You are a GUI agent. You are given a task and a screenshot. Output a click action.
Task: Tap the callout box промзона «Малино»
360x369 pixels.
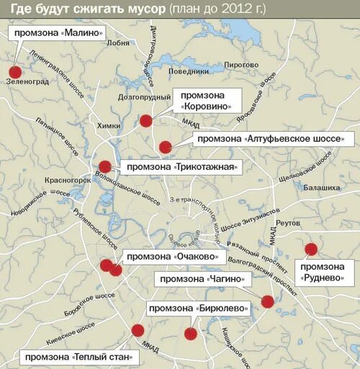pyautogui.click(x=56, y=34)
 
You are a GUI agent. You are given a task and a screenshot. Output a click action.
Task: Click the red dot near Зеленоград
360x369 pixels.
pyautogui.click(x=15, y=71)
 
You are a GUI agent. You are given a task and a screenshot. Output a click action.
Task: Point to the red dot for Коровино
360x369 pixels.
pyautogui.click(x=146, y=120)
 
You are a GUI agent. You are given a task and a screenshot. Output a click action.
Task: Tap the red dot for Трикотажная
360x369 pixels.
pyautogui.click(x=105, y=166)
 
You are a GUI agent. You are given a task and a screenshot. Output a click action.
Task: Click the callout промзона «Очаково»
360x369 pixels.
pyautogui.click(x=170, y=257)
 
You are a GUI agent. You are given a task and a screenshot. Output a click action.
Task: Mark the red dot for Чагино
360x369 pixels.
pyautogui.click(x=268, y=301)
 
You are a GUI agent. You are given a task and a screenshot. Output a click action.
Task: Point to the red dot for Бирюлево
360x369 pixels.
pyautogui.click(x=191, y=333)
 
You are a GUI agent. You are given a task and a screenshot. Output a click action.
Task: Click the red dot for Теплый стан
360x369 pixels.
pyautogui.click(x=138, y=330)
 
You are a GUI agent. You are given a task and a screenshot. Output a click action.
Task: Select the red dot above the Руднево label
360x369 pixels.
pyautogui.click(x=311, y=249)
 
